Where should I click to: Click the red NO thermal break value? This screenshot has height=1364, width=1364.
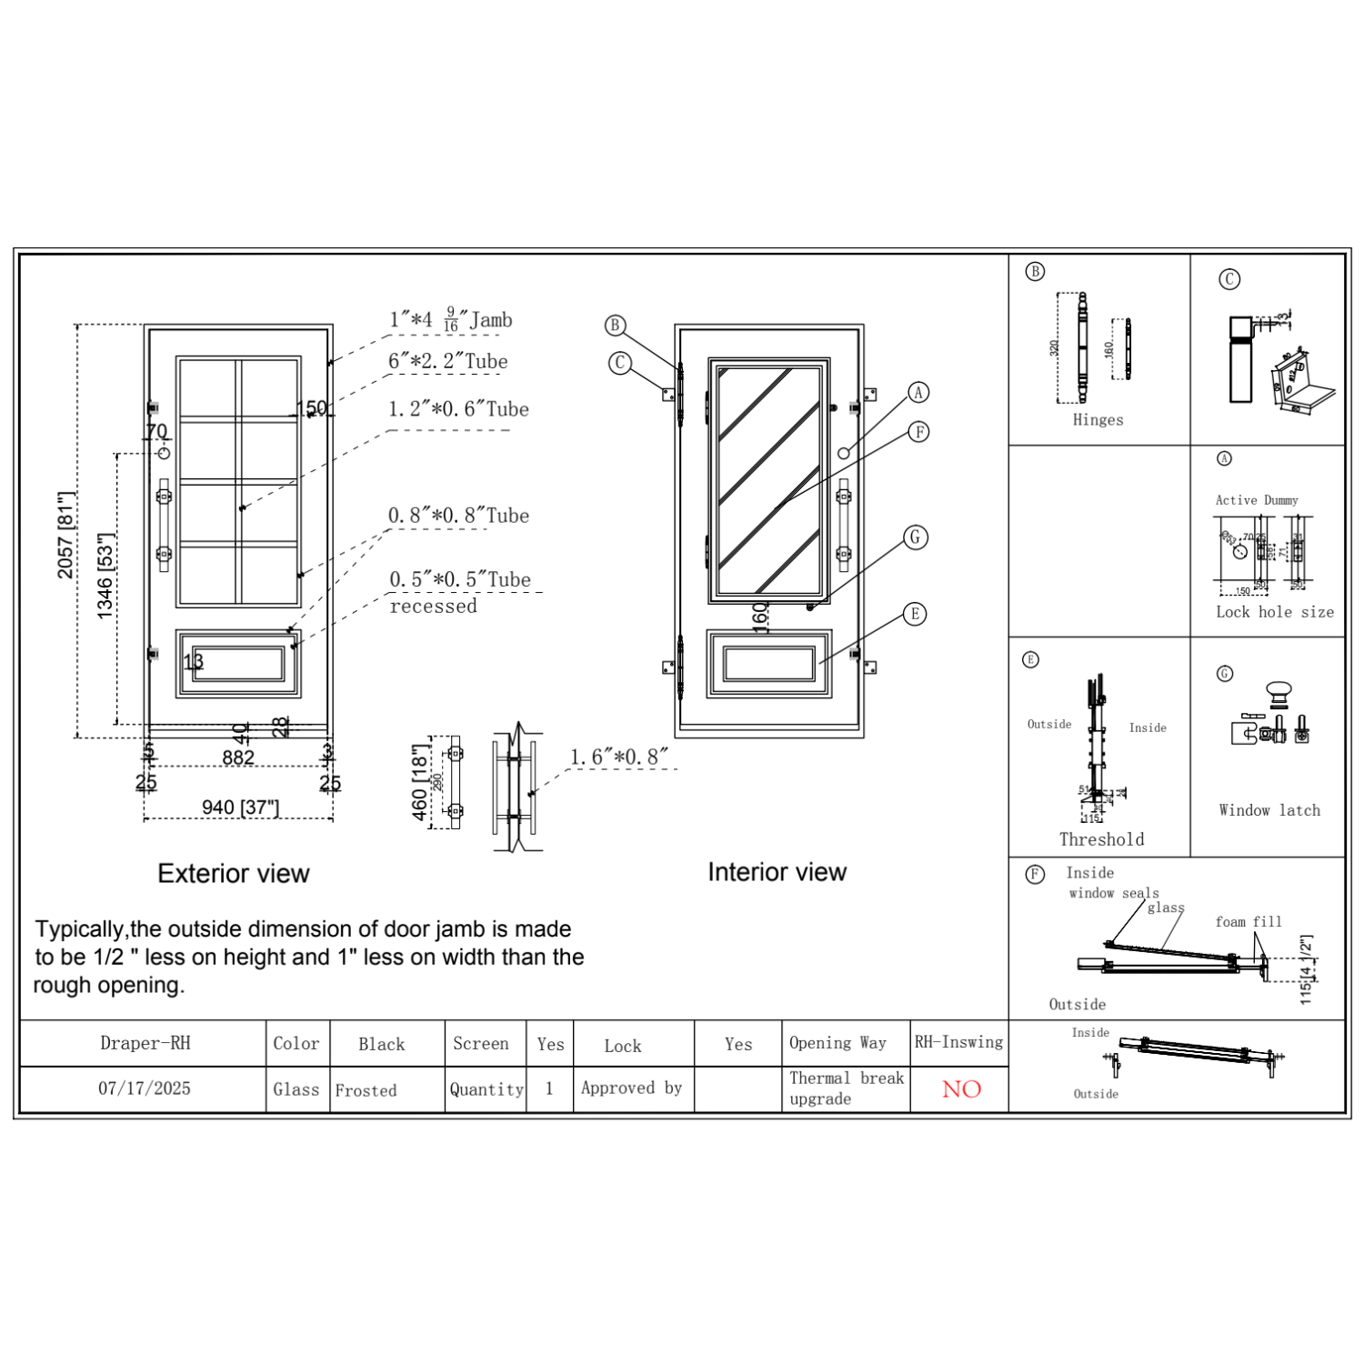pyautogui.click(x=961, y=1089)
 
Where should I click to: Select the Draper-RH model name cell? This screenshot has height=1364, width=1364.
pyautogui.click(x=145, y=1043)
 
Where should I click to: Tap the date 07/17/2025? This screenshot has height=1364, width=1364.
pyautogui.click(x=145, y=1088)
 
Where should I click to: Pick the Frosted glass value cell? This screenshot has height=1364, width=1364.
pyautogui.click(x=366, y=1090)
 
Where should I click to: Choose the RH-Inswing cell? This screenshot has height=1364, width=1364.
pyautogui.click(x=958, y=1042)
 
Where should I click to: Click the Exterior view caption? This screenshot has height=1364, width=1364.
pyautogui.click(x=234, y=874)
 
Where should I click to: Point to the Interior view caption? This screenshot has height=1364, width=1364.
pyautogui.click(x=777, y=872)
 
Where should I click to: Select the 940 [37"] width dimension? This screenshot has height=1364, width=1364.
pyautogui.click(x=240, y=807)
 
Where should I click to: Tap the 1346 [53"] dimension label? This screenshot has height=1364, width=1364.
pyautogui.click(x=105, y=577)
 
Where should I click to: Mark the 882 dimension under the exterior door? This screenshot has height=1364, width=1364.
pyautogui.click(x=238, y=757)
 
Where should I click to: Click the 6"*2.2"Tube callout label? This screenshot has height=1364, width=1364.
pyautogui.click(x=447, y=361)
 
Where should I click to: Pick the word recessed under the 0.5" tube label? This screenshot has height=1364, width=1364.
pyautogui.click(x=433, y=607)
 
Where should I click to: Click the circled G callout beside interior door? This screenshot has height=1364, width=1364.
pyautogui.click(x=916, y=537)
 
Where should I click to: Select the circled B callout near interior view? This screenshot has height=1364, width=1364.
pyautogui.click(x=616, y=326)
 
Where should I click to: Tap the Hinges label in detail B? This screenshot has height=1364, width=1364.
pyautogui.click(x=1098, y=420)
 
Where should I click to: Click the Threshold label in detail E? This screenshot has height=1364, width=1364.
pyautogui.click(x=1101, y=839)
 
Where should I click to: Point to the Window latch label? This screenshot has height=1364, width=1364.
pyautogui.click(x=1269, y=810)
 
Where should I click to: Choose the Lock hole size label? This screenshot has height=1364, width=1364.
pyautogui.click(x=1275, y=612)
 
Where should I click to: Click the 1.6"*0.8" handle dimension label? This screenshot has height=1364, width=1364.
pyautogui.click(x=618, y=757)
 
